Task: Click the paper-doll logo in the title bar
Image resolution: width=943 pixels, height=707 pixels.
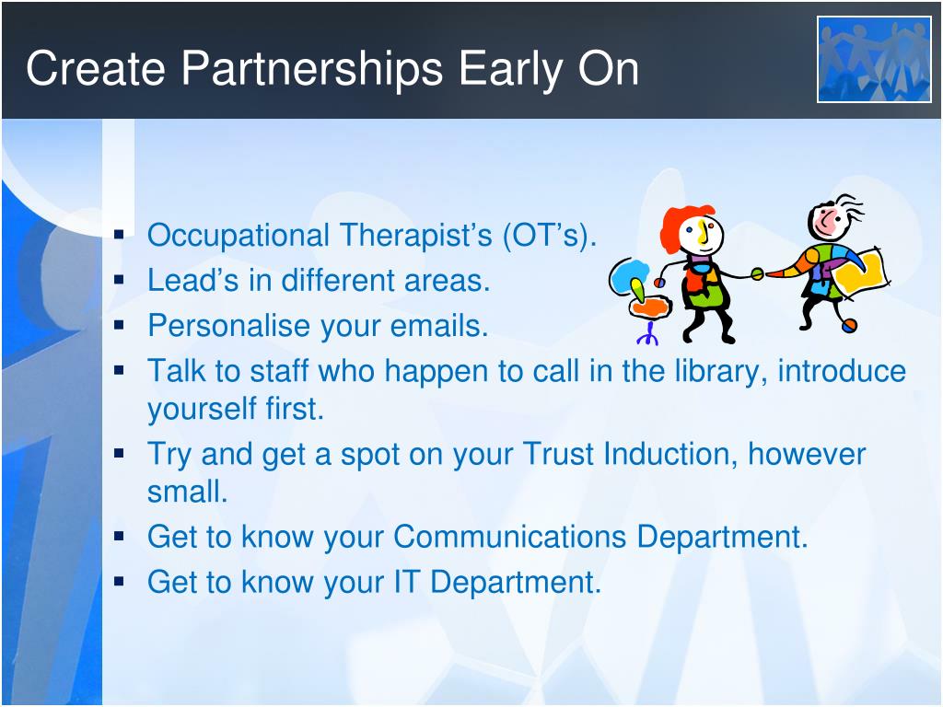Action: tap(874, 60)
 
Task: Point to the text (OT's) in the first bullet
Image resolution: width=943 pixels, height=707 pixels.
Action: tap(549, 236)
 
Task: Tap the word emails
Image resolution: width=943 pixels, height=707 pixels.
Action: tap(439, 327)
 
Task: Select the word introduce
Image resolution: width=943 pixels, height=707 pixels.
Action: tap(842, 371)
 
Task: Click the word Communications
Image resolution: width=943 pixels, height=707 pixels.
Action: tap(510, 537)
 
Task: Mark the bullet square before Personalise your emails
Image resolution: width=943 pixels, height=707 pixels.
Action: tap(119, 325)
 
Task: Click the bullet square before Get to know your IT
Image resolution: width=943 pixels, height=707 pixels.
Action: tap(119, 582)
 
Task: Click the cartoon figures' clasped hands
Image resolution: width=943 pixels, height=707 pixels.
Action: tap(758, 274)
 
